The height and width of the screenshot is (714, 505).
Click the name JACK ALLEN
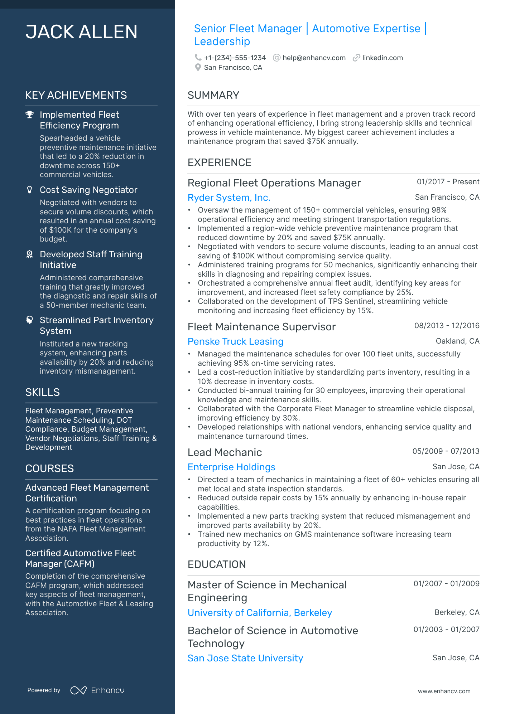click(81, 32)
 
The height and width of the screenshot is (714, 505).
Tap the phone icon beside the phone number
click(198, 58)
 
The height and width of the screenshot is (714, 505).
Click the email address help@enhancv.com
click(314, 58)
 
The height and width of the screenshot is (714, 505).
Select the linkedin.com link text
click(382, 58)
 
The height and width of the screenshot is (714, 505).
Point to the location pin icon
click(198, 67)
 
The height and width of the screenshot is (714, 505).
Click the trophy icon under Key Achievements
click(30, 115)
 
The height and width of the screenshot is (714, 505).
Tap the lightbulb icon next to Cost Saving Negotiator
click(30, 190)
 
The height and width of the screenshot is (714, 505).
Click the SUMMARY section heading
click(213, 95)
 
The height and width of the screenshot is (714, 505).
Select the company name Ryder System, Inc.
click(229, 198)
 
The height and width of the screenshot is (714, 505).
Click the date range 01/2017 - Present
click(448, 182)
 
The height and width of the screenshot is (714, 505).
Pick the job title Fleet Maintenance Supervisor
click(261, 327)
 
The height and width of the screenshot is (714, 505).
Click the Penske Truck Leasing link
click(235, 341)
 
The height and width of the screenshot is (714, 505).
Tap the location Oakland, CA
click(457, 341)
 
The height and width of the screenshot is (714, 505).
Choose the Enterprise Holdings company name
click(231, 467)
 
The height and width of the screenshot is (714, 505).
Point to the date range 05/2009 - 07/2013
click(446, 451)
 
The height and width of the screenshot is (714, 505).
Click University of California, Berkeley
click(260, 613)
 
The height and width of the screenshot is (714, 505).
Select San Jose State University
click(245, 658)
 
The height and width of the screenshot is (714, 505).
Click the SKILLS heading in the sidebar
click(43, 392)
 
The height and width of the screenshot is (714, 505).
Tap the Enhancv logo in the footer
click(97, 690)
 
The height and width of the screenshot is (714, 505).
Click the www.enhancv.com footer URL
click(444, 691)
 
